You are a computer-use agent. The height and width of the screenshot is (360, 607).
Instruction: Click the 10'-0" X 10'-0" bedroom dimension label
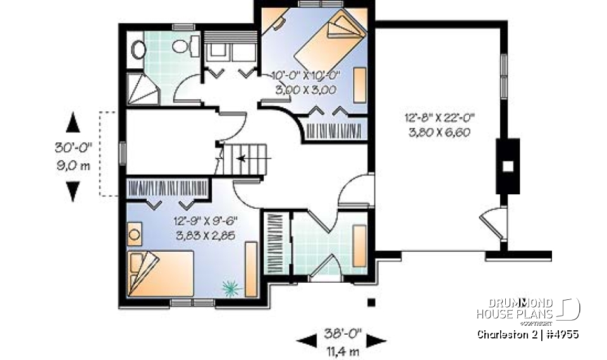(306, 75)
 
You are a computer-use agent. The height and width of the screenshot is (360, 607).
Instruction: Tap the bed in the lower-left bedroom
(159, 273)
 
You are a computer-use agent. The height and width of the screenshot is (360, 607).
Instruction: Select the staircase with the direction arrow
(245, 158)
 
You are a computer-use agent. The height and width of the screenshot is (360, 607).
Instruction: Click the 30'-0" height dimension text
(73, 149)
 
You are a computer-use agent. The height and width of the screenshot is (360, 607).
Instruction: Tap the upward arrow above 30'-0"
(73, 122)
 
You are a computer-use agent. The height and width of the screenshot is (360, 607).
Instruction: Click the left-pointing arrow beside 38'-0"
(307, 340)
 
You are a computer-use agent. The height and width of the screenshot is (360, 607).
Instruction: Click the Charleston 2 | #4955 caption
(528, 333)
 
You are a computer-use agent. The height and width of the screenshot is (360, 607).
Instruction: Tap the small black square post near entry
(371, 301)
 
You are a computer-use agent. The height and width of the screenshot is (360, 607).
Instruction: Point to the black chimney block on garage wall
(507, 166)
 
